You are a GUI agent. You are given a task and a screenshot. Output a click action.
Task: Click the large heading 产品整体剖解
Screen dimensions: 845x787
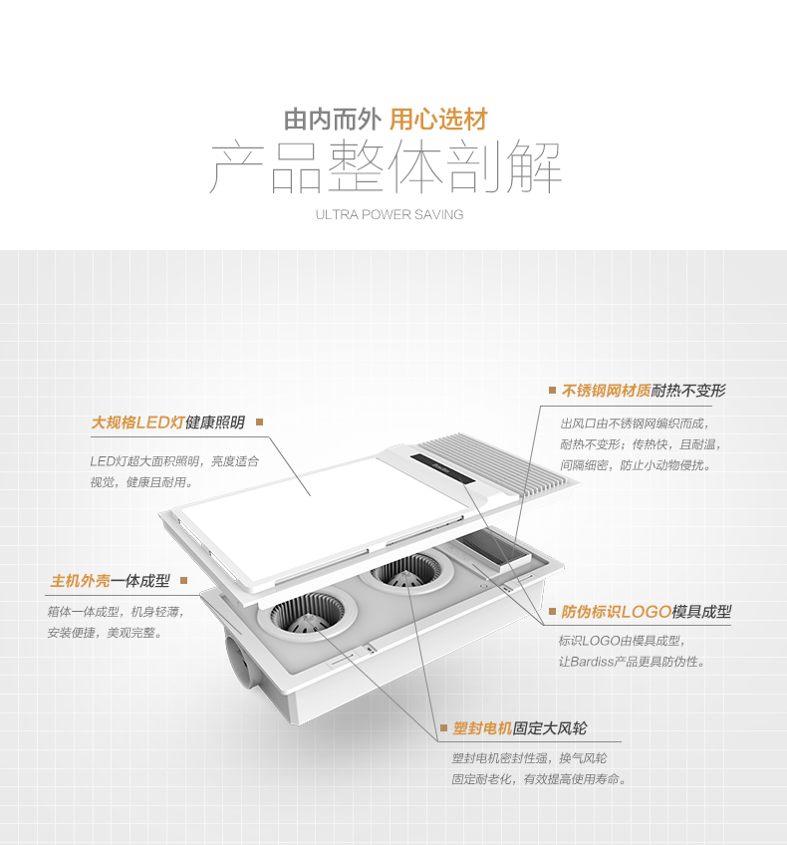pos(386,167)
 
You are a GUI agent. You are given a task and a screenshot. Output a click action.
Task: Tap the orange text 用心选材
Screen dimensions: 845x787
pos(438,121)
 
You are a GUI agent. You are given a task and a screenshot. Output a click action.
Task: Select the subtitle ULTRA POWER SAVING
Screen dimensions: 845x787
pos(390,214)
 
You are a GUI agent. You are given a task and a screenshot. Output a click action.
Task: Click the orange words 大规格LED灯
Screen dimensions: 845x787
pos(138,422)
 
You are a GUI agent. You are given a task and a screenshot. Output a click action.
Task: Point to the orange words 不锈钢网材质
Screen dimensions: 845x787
pos(606,390)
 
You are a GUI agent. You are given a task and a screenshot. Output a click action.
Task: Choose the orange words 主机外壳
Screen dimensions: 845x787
pos(80,580)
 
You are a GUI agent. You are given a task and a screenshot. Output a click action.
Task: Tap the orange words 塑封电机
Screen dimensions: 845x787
pos(482,728)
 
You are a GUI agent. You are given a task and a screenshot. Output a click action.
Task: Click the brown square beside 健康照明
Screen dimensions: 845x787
pos(260,422)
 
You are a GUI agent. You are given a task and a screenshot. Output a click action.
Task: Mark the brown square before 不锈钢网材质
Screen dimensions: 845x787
pos(552,390)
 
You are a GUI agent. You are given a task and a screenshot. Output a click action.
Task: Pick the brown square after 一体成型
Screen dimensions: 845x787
pos(183,580)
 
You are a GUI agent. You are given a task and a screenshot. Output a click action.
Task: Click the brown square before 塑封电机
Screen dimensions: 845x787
pos(443,728)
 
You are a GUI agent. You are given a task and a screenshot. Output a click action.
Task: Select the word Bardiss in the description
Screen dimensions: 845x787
pos(593,662)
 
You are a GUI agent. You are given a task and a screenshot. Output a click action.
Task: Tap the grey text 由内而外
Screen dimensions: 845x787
pos(333,121)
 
